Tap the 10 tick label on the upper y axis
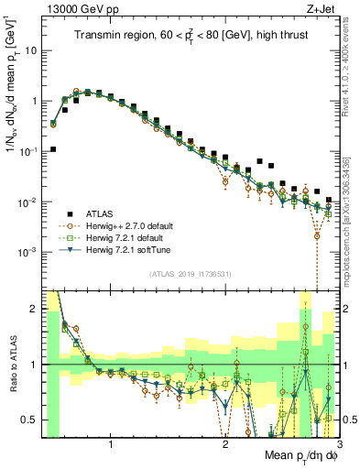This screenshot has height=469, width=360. pos(29,50)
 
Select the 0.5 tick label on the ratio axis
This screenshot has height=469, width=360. pos(28,420)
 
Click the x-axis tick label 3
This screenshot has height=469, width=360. pos(338,442)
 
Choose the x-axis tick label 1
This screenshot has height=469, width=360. pos(111,442)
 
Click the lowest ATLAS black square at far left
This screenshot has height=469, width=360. pos(53,148)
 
